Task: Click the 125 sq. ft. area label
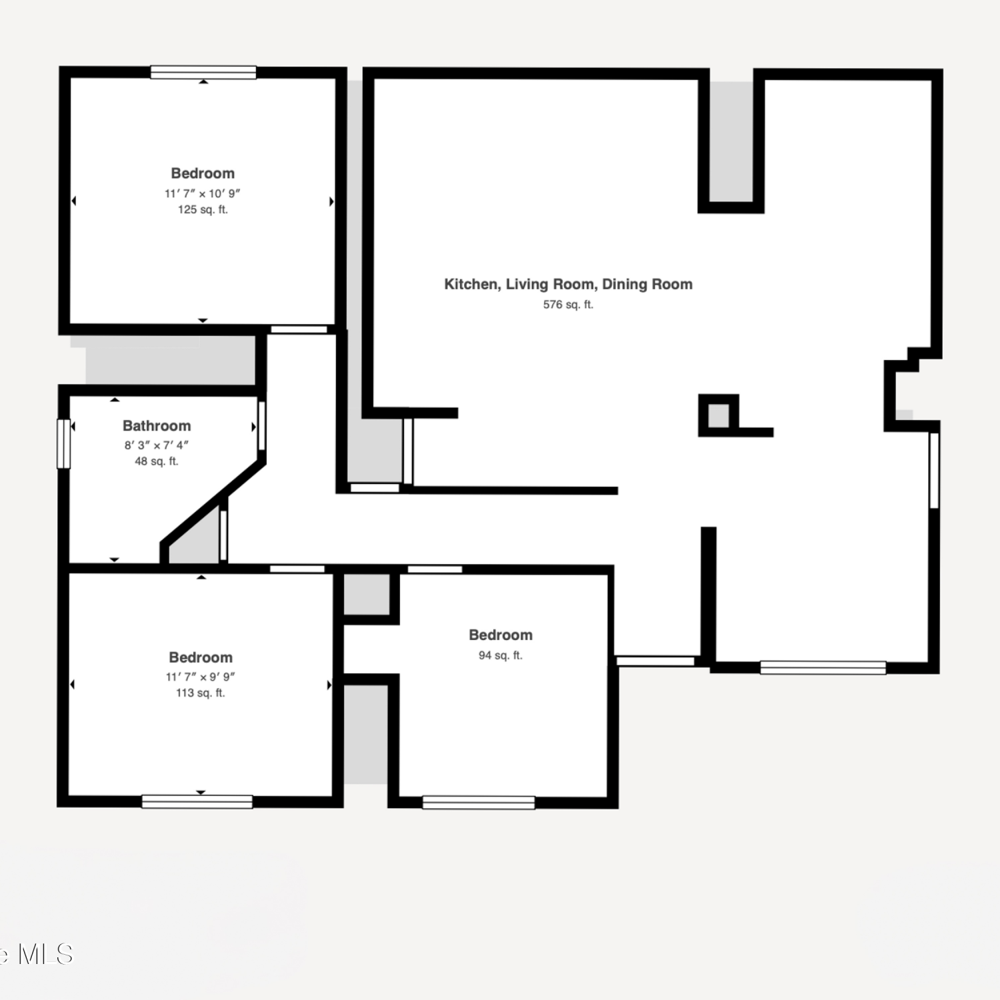[x=203, y=209]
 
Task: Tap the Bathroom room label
[x=157, y=425]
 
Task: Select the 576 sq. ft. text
[x=568, y=305]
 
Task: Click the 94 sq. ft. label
[x=501, y=655]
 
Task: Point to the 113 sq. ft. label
[x=201, y=693]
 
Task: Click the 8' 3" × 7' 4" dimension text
[x=157, y=445]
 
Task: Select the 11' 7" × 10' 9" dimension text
[x=203, y=193]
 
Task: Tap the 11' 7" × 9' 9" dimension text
[x=201, y=677]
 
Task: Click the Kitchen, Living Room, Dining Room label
[x=569, y=284]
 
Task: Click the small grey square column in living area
[x=718, y=415]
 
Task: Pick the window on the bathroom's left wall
[x=64, y=443]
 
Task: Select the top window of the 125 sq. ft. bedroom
[x=203, y=72]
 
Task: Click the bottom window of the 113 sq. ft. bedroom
[x=197, y=801]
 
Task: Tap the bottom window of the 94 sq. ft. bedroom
[x=479, y=802]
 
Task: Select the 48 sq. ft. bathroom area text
[x=157, y=461]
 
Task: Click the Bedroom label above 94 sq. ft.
[x=501, y=635]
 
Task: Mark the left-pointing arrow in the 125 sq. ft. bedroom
[x=73, y=201]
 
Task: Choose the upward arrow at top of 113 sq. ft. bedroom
[x=201, y=577]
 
